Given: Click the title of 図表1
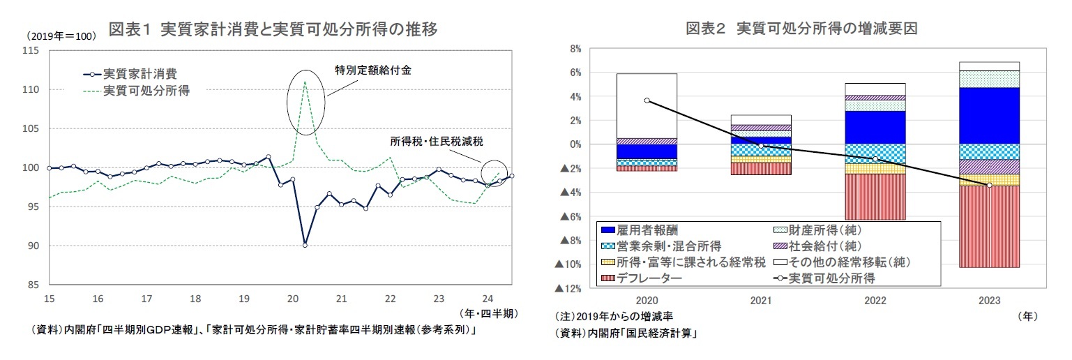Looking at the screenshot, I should [273, 29].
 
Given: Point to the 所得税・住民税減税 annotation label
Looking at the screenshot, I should [437, 141].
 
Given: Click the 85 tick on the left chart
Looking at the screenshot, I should [33, 285].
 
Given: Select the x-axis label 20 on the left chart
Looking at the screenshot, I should [293, 299].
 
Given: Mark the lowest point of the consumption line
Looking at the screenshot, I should [305, 244].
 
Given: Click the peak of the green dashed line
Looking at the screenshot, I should [305, 82].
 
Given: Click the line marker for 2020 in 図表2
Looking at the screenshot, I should [647, 100].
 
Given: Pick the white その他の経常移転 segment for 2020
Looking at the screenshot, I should [647, 105].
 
